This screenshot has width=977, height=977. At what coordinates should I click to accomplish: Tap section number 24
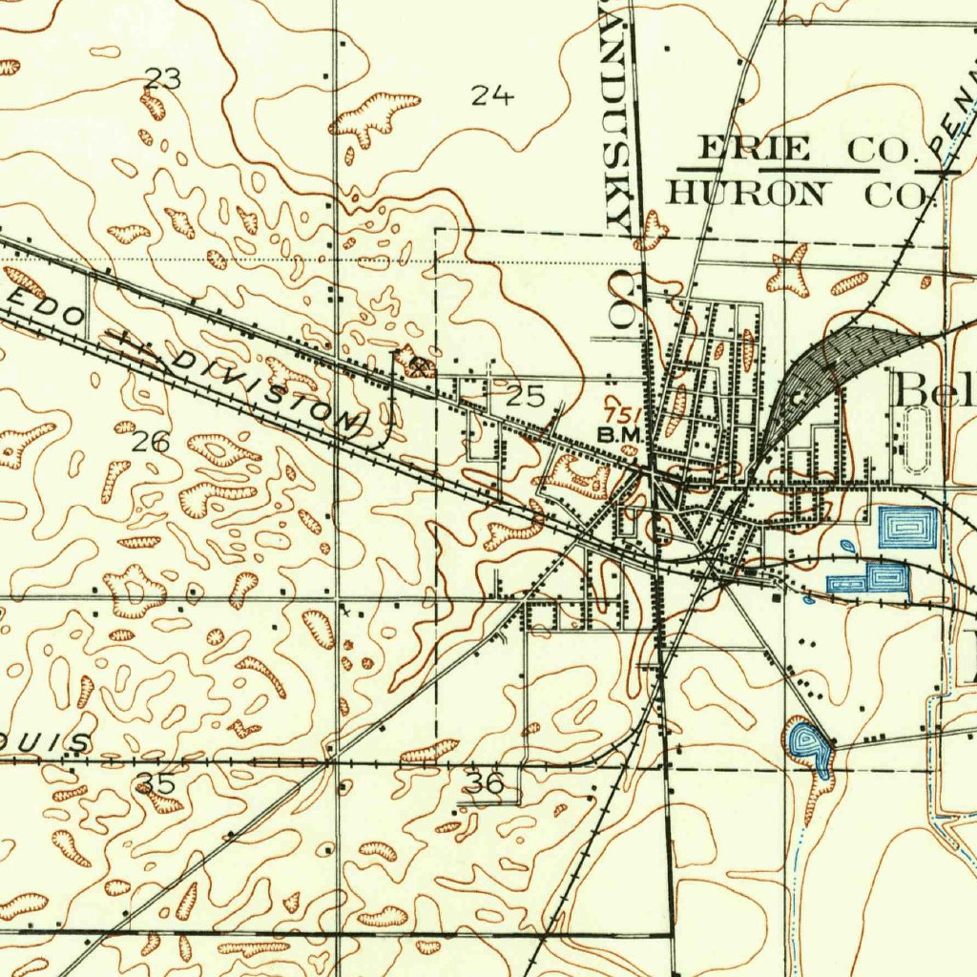[492, 94]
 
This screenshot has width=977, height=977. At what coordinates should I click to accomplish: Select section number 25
[525, 396]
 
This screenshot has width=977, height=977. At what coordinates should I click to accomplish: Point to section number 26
[151, 441]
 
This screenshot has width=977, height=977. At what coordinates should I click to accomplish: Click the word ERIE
[755, 149]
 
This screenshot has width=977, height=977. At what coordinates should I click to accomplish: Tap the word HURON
[745, 193]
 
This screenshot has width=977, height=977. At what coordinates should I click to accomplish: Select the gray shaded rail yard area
[840, 358]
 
